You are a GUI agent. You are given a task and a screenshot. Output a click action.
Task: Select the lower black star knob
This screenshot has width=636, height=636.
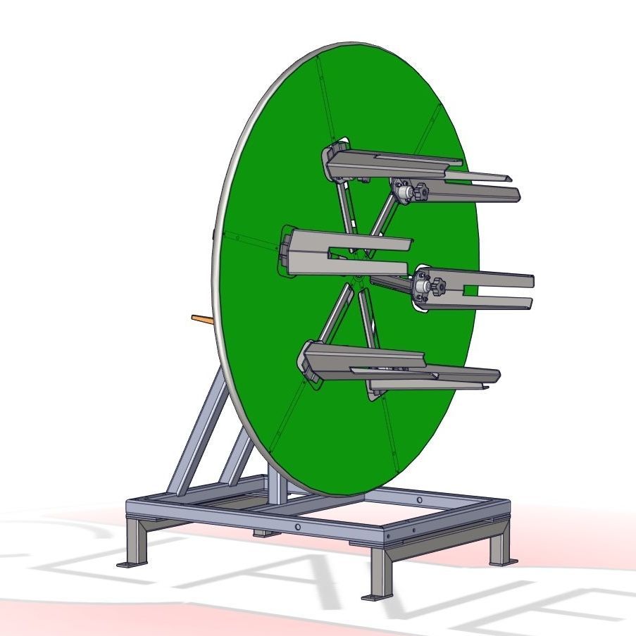[439, 287]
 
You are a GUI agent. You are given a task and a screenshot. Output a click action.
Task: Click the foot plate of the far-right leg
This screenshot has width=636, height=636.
[503, 561]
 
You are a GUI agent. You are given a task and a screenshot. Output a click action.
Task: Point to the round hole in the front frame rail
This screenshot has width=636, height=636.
[298, 527]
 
